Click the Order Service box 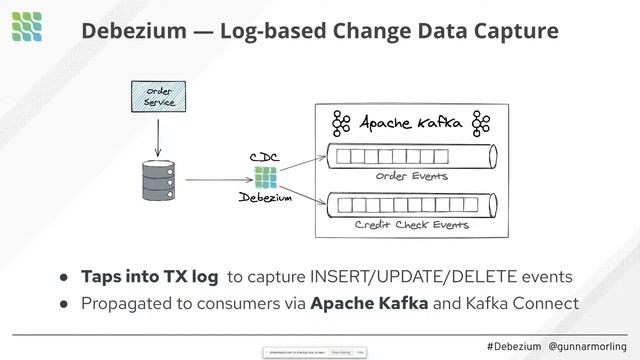click(x=159, y=98)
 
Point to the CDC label click(x=264, y=158)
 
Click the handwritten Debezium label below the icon click(x=265, y=199)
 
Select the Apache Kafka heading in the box click(x=411, y=124)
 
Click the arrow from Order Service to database click(x=159, y=134)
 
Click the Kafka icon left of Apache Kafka click(x=342, y=124)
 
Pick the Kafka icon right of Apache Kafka click(x=481, y=124)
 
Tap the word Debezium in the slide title click(x=133, y=31)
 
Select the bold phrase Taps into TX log click(x=149, y=276)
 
